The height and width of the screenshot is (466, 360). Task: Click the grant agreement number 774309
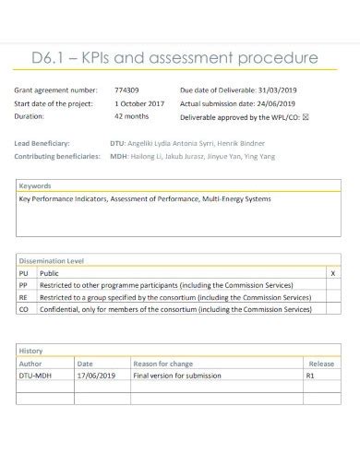(x=126, y=90)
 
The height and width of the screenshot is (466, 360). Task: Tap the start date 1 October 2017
(x=138, y=104)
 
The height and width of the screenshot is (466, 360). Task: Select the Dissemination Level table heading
(x=52, y=260)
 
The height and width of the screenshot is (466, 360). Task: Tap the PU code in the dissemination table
(x=24, y=274)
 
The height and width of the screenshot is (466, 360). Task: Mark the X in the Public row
(x=332, y=274)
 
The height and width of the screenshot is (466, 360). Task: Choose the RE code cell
(x=24, y=298)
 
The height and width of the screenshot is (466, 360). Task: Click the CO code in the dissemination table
(x=24, y=310)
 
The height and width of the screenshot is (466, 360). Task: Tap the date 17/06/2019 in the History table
(x=98, y=376)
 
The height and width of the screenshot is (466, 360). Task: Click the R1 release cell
(x=311, y=376)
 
